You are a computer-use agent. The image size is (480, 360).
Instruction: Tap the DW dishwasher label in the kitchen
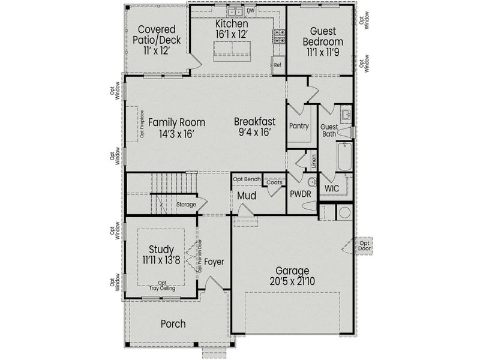(250, 10)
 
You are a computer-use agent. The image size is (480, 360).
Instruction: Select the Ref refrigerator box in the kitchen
(278, 65)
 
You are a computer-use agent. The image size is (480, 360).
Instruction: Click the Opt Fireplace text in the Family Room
(142, 125)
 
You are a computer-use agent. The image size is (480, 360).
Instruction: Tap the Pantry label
(298, 126)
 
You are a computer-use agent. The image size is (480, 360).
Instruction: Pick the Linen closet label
(313, 161)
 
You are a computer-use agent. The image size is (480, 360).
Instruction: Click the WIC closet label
(332, 188)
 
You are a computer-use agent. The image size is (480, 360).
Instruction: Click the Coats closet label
(274, 182)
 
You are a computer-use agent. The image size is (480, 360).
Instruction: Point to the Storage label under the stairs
(185, 205)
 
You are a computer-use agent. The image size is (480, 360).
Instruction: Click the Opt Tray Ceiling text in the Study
(162, 286)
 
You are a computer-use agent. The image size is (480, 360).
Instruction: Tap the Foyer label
(214, 262)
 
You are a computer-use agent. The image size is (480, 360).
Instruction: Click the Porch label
(173, 324)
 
